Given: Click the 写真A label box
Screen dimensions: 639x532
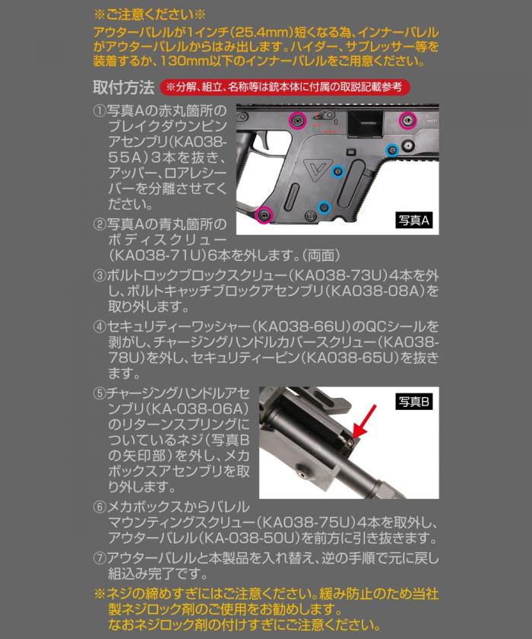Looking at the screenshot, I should click(414, 220).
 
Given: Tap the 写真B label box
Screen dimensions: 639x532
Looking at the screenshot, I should click(414, 401).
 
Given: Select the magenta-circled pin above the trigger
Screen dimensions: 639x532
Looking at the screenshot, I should click(296, 119).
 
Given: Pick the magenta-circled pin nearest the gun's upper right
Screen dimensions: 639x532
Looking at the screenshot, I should click(407, 118).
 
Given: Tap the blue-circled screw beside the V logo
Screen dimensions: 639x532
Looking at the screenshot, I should click(337, 170).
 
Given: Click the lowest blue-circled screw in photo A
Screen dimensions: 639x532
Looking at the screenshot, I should click(324, 207).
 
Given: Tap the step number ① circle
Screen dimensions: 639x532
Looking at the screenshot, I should click(99, 111).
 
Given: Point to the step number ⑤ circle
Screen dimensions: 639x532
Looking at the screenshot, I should click(99, 395).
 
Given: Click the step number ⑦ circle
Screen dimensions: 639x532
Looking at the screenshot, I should click(99, 559).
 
